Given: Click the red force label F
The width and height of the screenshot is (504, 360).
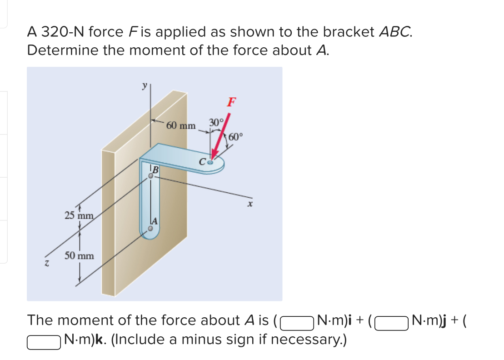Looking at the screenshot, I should tap(231, 102).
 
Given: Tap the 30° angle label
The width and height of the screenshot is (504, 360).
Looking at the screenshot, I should tap(216, 122).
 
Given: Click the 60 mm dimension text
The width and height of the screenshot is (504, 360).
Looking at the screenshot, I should tap(180, 125).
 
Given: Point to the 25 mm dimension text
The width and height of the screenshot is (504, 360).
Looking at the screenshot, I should tap(79, 215).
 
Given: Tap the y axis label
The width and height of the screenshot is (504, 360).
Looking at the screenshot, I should tap(145, 85).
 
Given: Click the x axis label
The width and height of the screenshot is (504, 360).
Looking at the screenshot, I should tap(250, 205).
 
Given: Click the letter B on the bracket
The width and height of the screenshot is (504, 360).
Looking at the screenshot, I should tap(155, 170).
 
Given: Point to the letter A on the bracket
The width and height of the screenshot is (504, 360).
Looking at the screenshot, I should tap(155, 221).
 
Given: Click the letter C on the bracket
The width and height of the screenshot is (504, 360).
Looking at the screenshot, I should tap(202, 160).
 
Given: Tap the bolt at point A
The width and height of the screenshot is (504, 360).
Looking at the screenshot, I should tap(150, 230).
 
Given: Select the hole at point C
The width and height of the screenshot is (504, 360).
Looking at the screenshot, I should tap(210, 160).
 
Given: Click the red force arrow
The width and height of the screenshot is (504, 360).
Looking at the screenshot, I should tap(221, 137).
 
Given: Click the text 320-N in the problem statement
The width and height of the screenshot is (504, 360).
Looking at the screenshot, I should tap(61, 32).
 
